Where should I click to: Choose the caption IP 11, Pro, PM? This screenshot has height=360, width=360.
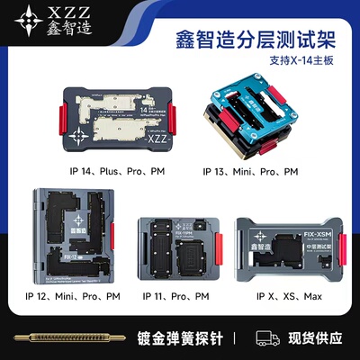coord(178,295)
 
